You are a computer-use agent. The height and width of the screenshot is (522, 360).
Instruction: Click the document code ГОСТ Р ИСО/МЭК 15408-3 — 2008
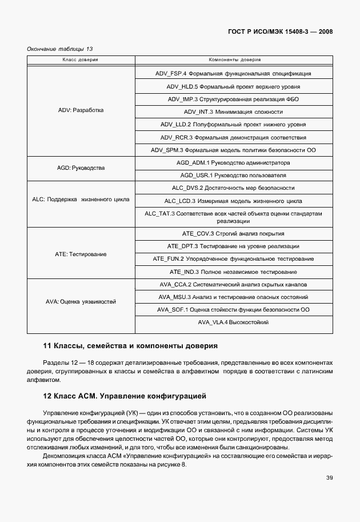click(x=289, y=31)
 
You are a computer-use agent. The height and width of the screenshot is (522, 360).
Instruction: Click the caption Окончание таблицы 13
click(x=60, y=49)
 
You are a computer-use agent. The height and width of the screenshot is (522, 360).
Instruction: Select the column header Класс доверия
click(x=81, y=59)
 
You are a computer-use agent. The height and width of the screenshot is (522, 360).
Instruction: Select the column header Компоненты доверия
click(x=233, y=59)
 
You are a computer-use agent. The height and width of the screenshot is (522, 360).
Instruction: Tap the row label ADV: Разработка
click(x=81, y=109)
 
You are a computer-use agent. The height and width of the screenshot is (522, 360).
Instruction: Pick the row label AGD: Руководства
click(x=81, y=169)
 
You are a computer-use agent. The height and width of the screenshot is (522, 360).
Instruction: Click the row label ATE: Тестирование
click(x=81, y=253)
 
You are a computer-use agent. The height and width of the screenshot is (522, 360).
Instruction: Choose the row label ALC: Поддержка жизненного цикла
click(x=81, y=200)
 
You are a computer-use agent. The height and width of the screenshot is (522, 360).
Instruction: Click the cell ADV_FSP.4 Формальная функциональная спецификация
click(x=233, y=74)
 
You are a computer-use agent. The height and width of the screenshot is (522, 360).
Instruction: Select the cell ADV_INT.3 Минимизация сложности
click(x=233, y=111)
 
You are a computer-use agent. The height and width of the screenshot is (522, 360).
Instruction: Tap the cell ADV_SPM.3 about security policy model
click(x=233, y=150)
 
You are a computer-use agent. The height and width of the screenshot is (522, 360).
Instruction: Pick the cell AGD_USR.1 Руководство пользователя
click(x=233, y=175)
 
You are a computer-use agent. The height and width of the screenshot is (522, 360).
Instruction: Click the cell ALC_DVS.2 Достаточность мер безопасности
click(x=233, y=188)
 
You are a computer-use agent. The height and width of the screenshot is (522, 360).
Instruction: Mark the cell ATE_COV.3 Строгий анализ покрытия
click(x=233, y=234)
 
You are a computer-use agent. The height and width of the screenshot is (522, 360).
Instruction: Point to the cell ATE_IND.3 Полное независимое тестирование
click(x=233, y=272)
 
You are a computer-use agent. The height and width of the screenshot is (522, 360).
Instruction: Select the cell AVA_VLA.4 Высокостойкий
click(x=233, y=322)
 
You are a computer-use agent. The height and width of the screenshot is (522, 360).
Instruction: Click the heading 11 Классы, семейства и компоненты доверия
click(x=130, y=346)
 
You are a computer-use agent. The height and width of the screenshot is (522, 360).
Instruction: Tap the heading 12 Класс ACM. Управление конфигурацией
click(x=125, y=396)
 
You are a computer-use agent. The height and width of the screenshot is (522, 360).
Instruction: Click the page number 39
click(x=329, y=478)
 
